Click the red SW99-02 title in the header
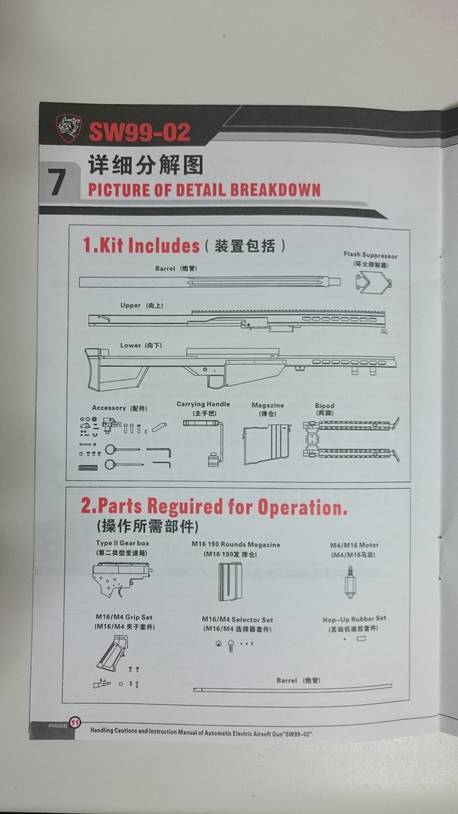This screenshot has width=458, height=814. point(140,132)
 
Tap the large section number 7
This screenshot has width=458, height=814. point(57,182)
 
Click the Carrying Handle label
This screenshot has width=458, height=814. point(203,404)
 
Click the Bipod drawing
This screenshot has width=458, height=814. point(351,440)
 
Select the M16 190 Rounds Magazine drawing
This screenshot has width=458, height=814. point(230,582)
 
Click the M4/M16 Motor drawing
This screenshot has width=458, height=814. point(350,582)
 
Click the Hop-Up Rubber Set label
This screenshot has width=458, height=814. point(354,619)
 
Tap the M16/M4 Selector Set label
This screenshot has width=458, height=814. point(237,620)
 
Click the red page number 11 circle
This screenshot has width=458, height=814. point(75,722)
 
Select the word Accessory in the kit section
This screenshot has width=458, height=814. point(109,408)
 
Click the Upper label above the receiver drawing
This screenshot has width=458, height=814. point(130,305)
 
